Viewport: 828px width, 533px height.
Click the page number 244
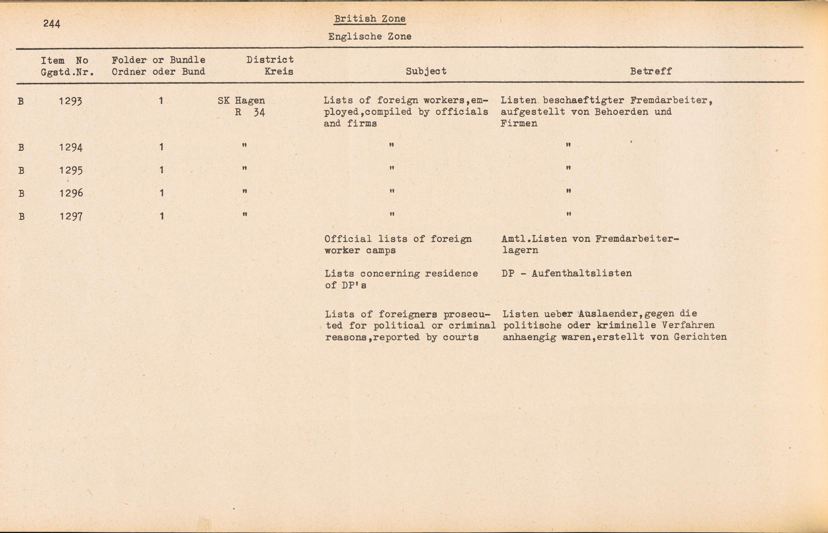tap(52, 24)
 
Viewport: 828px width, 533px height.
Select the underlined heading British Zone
tap(370, 19)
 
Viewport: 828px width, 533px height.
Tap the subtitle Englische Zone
tap(370, 36)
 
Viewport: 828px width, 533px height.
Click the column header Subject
tap(426, 71)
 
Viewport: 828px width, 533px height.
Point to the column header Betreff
tap(651, 71)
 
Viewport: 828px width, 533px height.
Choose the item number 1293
tap(70, 101)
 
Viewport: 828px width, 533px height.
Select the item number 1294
tap(70, 147)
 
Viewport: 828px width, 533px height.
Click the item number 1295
tap(70, 170)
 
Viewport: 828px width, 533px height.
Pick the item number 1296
tap(70, 193)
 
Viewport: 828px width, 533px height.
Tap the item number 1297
tap(70, 216)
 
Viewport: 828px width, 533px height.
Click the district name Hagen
tap(250, 101)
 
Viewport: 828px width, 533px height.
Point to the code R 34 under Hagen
tap(250, 113)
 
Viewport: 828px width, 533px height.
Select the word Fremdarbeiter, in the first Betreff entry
tap(671, 101)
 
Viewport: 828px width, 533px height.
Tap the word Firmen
tap(519, 123)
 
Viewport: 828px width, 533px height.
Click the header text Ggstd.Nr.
tap(67, 72)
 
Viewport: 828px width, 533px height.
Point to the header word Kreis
tap(279, 72)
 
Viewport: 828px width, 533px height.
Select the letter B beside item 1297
tap(22, 216)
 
